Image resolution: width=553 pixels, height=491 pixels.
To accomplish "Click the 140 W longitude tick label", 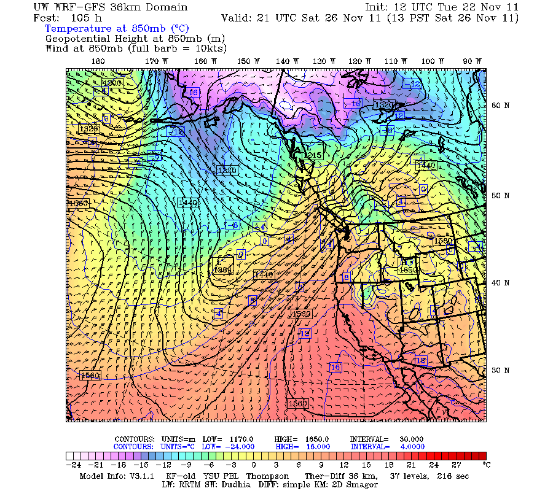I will click(x=283, y=61).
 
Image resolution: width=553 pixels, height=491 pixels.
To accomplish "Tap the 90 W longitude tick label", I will click(x=473, y=61).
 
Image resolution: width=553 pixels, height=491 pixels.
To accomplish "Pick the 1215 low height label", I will click(x=313, y=156).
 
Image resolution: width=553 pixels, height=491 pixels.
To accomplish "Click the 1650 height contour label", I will click(x=408, y=269).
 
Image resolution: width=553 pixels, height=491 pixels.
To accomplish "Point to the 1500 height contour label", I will click(x=301, y=314).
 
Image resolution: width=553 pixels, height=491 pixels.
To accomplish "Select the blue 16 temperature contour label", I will click(x=335, y=367).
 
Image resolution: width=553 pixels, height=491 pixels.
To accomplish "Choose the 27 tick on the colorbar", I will click(x=457, y=465).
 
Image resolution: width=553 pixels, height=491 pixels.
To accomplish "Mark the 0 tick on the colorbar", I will click(x=253, y=465).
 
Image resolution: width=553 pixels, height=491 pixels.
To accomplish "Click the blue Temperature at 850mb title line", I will click(x=117, y=28).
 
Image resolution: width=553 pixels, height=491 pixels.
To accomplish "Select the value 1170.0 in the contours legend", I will click(x=242, y=439).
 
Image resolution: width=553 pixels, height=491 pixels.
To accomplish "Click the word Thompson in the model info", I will click(x=268, y=476).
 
